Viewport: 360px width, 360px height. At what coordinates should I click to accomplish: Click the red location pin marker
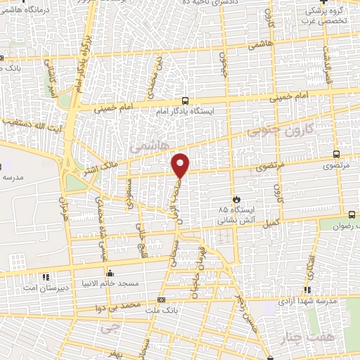point(181,165)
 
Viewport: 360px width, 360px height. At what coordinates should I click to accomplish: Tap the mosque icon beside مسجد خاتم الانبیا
point(109,274)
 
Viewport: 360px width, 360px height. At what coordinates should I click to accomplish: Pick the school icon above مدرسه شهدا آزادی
point(309,290)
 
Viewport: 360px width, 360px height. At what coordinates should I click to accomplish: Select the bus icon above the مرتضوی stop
point(336,155)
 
